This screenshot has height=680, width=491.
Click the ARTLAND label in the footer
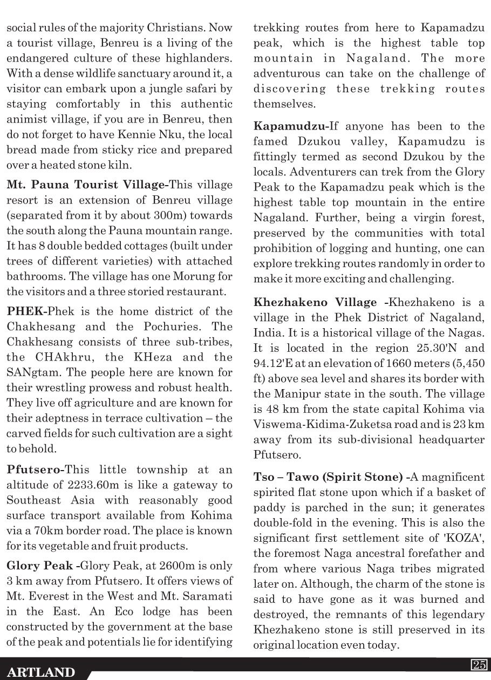tap(41, 672)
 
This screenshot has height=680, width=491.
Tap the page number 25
tap(479, 665)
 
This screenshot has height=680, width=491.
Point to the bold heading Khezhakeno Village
tap(315, 302)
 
